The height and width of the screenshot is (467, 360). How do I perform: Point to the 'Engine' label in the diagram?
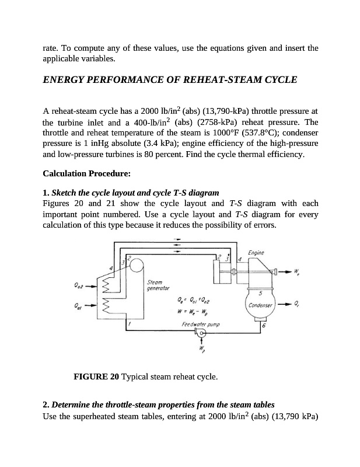click(256, 252)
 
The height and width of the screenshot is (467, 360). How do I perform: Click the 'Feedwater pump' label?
click(198, 323)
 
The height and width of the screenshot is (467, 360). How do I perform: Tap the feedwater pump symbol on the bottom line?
click(201, 333)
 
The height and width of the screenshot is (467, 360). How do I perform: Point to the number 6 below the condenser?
click(263, 325)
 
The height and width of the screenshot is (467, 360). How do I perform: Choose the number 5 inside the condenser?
click(260, 293)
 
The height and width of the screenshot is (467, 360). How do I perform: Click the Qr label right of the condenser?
click(298, 304)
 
